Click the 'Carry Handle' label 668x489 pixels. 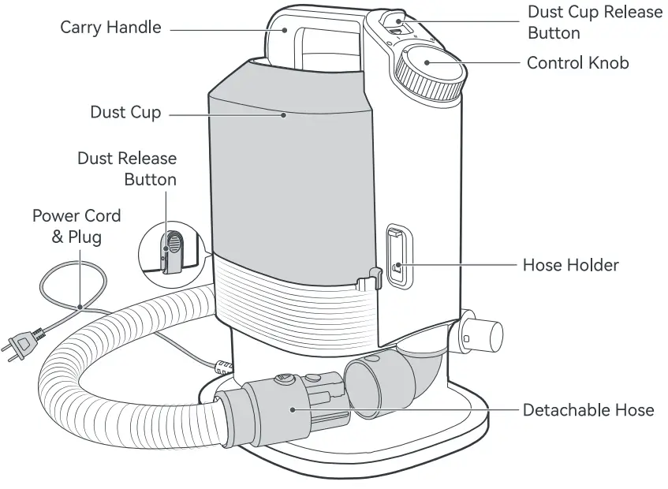(x=110, y=28)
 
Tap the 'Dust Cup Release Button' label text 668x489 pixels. (x=595, y=23)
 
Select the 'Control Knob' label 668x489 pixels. (x=577, y=63)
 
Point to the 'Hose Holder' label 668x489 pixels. (x=570, y=265)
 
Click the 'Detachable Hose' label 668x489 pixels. (x=588, y=410)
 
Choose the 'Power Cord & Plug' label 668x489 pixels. (x=77, y=226)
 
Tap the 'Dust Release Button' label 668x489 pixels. (x=127, y=169)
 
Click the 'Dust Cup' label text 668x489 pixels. (x=125, y=112)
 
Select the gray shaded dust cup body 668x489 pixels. (x=288, y=166)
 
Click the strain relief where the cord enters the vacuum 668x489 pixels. (x=222, y=366)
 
